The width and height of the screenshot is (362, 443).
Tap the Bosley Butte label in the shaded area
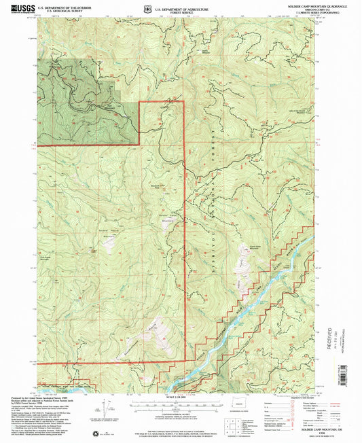[x=107, y=105]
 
